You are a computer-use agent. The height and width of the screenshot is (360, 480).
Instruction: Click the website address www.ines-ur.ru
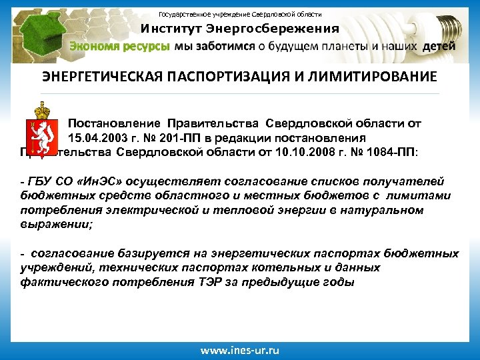click(x=239, y=349)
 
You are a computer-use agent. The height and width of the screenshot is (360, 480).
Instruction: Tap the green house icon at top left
click(x=33, y=30)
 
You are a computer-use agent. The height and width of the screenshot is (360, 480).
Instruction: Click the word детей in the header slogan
click(x=439, y=47)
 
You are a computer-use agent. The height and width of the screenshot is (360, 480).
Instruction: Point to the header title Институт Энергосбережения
click(x=239, y=29)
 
